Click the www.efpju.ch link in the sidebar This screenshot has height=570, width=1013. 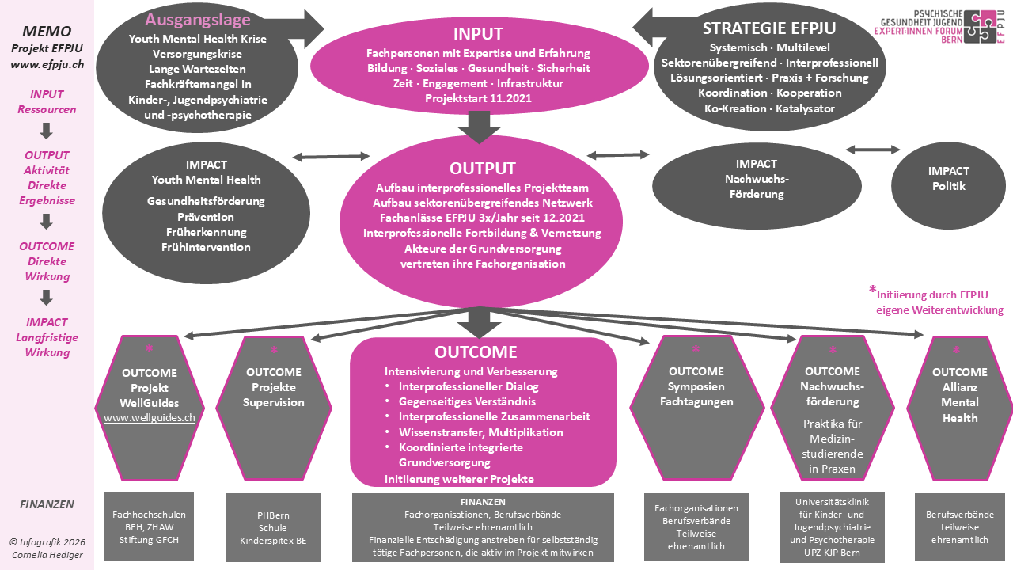tap(47, 64)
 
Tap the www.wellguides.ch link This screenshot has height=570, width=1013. tap(150, 417)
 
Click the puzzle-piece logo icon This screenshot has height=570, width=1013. tap(980, 27)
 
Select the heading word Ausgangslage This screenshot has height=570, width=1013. tap(198, 20)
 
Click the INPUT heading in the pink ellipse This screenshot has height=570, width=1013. tap(478, 34)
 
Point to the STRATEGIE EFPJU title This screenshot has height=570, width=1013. tap(768, 28)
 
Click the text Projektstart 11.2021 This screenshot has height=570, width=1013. tap(478, 98)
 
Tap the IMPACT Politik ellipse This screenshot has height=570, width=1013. tap(948, 185)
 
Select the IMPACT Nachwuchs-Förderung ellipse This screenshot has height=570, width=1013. tap(757, 186)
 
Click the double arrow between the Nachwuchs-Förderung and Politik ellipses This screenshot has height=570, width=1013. tap(873, 150)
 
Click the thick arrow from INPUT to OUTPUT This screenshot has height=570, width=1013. tap(480, 127)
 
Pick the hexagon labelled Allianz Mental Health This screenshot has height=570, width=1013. tap(960, 408)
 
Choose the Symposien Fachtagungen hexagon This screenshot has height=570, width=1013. tap(696, 408)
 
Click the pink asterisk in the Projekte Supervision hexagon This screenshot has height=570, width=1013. tap(274, 349)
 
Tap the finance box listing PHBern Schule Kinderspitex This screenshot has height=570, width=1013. tap(273, 527)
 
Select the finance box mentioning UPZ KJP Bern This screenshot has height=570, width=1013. tap(832, 527)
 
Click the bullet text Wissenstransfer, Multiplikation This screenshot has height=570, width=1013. tap(480, 432)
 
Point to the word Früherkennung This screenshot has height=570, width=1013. tap(207, 232)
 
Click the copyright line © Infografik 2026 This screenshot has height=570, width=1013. tap(47, 542)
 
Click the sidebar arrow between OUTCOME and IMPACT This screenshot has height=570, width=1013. tap(47, 298)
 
